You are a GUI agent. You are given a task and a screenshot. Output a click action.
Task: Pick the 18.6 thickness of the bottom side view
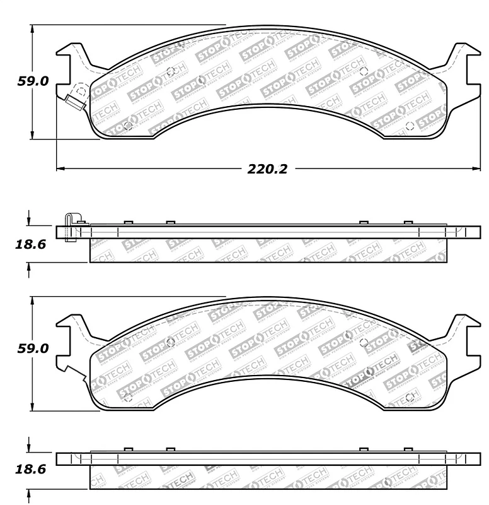tap(30, 470)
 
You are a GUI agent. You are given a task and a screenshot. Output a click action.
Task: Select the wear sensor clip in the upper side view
tap(70, 227)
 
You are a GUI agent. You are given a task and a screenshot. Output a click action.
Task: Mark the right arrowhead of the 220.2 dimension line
tap(477, 169)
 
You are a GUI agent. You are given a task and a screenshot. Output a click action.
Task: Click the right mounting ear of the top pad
tap(459, 63)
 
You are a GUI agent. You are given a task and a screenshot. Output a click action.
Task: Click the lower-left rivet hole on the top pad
tap(129, 125)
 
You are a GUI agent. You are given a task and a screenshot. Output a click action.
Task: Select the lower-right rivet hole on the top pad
tap(409, 125)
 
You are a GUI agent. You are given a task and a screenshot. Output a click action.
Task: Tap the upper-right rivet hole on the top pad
tap(364, 70)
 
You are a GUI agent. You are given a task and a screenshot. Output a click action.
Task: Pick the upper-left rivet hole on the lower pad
tap(170, 342)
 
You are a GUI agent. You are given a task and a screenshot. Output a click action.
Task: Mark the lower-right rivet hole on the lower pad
tap(409, 396)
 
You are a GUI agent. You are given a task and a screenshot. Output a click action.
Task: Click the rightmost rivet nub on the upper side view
tap(408, 222)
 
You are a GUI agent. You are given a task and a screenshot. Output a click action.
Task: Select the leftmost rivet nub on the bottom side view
tap(128, 449)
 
